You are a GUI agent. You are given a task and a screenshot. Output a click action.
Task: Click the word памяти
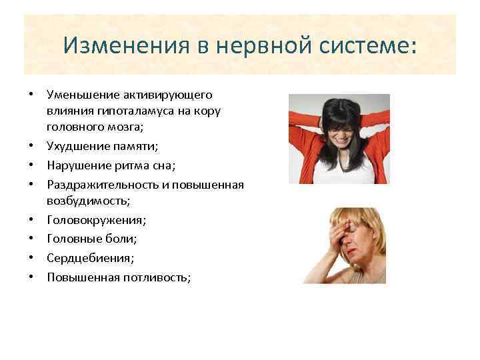(x=134, y=145)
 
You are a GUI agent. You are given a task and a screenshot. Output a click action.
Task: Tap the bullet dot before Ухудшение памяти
(x=31, y=145)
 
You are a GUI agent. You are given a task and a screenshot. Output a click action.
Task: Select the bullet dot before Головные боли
(x=31, y=239)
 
